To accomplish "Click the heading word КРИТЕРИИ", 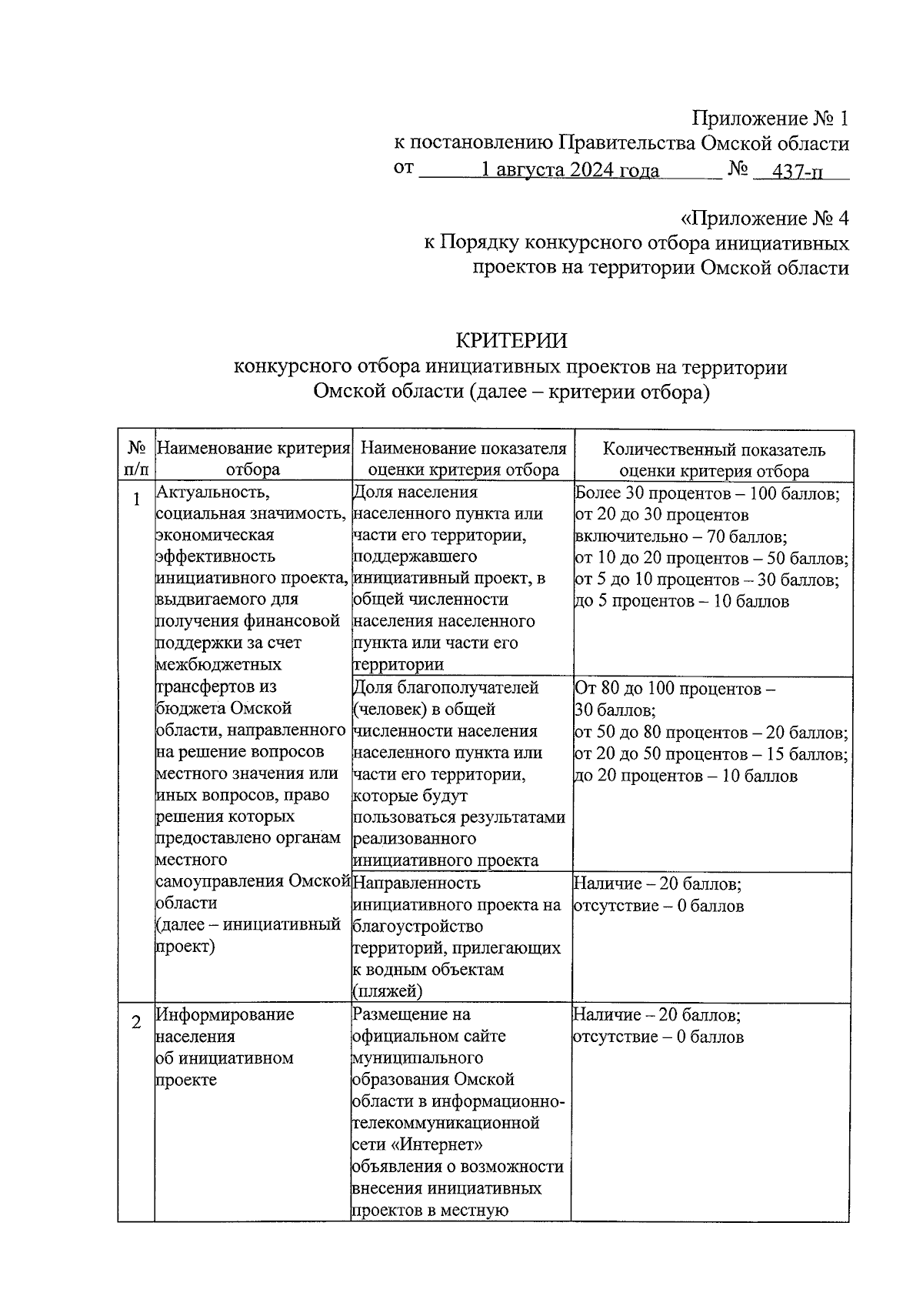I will pyautogui.click(x=511, y=340).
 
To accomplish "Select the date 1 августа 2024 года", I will pyautogui.click(x=569, y=170).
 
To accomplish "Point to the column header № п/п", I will pyautogui.click(x=136, y=458).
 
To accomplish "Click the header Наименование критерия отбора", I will pyautogui.click(x=253, y=459).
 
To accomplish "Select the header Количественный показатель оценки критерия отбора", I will pyautogui.click(x=713, y=459).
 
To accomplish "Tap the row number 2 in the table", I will pyautogui.click(x=136, y=1023).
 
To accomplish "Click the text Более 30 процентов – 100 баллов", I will pyautogui.click(x=707, y=493).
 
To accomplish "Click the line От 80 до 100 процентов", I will pyautogui.click(x=675, y=688).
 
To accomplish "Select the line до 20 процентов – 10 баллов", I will pyautogui.click(x=685, y=776).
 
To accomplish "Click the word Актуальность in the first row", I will pyautogui.click(x=212, y=492).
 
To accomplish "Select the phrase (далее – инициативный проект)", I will pyautogui.click(x=248, y=934).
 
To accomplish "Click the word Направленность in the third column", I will pyautogui.click(x=418, y=883).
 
